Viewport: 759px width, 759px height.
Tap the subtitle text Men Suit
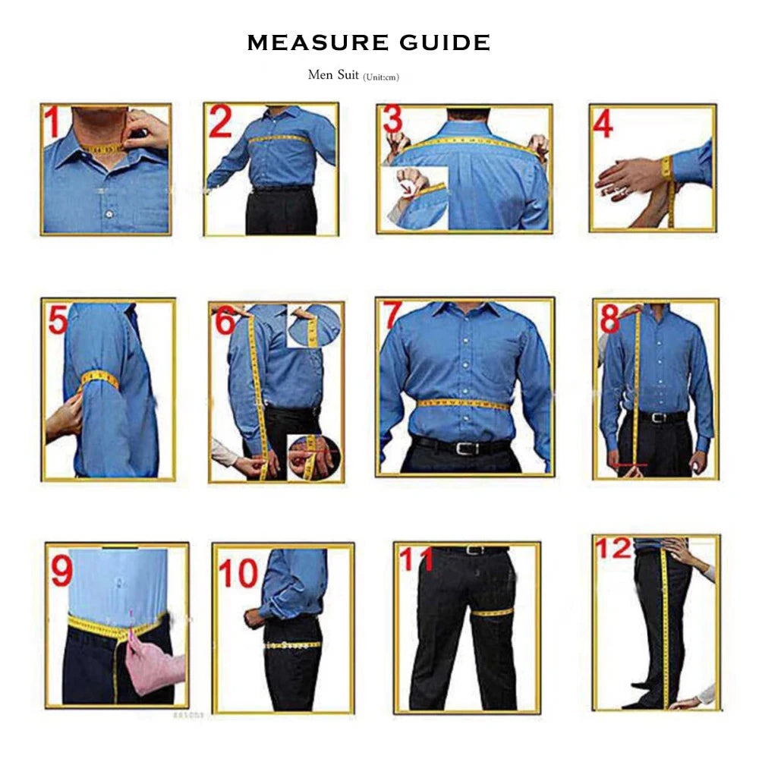pos(333,75)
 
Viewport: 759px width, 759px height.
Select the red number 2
pos(220,123)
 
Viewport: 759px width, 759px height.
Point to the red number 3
pos(392,120)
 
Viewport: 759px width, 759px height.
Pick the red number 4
pos(603,124)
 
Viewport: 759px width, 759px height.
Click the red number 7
pos(392,316)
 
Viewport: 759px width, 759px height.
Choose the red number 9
pos(62,571)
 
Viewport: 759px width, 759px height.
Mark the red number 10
pos(238,574)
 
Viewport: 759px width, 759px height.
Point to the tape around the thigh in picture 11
pos(493,612)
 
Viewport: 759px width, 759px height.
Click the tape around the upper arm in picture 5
pos(99,380)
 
